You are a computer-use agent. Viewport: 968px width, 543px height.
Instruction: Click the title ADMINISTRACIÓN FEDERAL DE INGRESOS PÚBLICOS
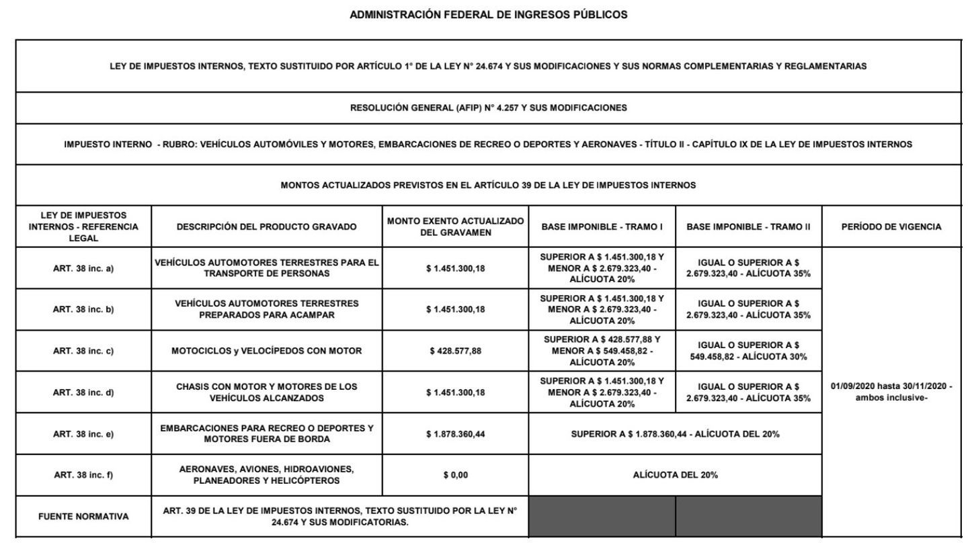pos(489,15)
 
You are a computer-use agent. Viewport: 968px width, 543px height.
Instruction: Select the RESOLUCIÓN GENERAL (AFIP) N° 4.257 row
pos(489,108)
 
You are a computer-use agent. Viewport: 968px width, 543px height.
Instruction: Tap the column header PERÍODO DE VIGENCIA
pos(891,227)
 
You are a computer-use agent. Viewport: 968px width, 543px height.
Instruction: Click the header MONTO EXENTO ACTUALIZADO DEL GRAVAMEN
pos(455,227)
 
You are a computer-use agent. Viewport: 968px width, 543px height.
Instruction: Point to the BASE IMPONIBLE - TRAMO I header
pos(602,227)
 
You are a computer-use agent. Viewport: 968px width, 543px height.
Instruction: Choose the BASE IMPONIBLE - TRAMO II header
pos(748,227)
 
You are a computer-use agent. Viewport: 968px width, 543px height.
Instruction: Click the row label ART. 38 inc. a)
pos(83,269)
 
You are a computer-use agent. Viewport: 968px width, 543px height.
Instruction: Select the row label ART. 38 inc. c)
pos(83,351)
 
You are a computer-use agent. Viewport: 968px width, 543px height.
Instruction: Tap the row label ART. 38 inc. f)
pos(83,475)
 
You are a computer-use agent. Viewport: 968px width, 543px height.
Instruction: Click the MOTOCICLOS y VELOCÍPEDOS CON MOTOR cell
pos(266,351)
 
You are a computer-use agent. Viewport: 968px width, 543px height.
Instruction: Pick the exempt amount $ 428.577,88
pos(455,351)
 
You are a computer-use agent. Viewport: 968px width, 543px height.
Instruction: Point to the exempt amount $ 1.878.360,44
pos(455,434)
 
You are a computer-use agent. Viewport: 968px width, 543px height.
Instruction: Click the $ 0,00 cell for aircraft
pos(455,475)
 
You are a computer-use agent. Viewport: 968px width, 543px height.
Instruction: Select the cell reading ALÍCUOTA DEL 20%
pos(675,475)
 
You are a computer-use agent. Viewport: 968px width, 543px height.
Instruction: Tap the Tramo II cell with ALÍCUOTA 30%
pos(748,351)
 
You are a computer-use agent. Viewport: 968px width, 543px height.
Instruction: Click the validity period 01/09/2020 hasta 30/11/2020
pos(891,392)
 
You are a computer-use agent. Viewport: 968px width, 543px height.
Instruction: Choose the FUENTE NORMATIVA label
pos(83,517)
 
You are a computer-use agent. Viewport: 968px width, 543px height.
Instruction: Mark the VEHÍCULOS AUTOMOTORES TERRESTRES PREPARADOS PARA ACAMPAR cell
pos(266,310)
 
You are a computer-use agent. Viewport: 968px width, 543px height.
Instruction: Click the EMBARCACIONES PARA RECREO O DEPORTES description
pos(266,434)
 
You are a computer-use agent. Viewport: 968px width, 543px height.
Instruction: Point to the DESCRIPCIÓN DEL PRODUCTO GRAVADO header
pos(266,227)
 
